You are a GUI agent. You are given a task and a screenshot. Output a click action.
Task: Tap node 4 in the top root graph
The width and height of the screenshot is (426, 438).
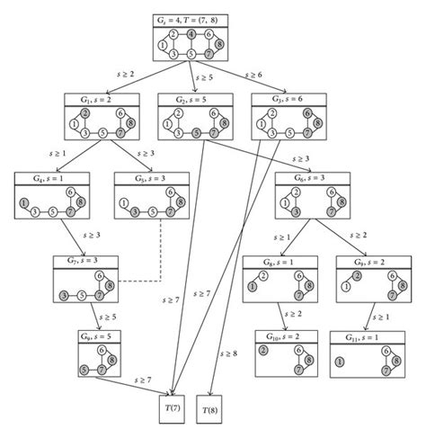[x=191, y=34]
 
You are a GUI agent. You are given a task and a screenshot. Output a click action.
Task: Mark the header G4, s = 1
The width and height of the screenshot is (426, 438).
[x=47, y=177]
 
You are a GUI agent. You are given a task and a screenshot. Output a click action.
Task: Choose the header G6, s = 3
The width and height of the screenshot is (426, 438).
[x=306, y=177]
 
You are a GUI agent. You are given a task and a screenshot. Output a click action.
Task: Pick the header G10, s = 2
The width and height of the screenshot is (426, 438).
[x=275, y=335]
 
